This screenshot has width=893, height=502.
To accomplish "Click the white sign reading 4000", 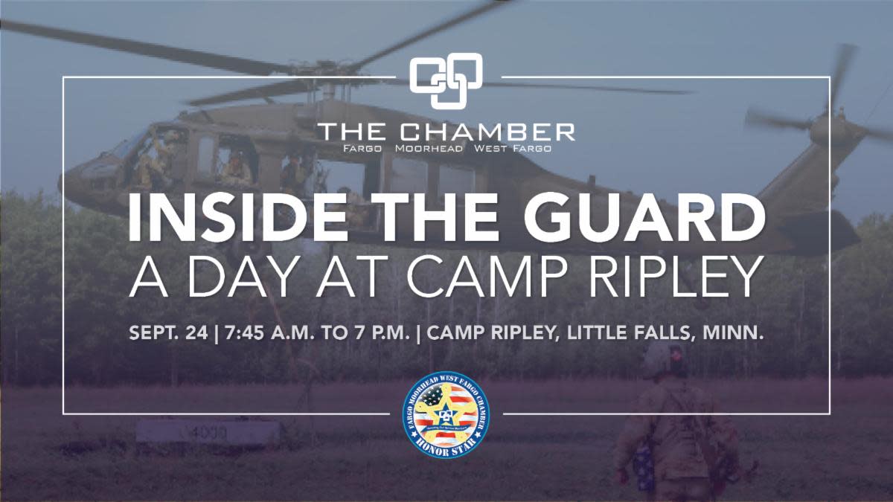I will coord(208,432).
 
